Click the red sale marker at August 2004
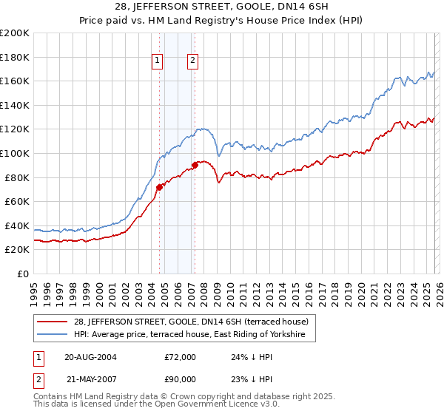tap(159, 187)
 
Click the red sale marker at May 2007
tap(195, 165)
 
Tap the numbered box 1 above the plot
tap(158, 61)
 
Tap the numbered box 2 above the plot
tap(192, 61)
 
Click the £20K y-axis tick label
tap(17, 250)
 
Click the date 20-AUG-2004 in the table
tap(90, 357)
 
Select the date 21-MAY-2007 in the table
tap(90, 379)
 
